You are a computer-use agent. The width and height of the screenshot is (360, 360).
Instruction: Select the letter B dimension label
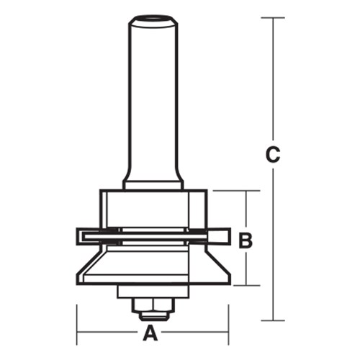point(246,240)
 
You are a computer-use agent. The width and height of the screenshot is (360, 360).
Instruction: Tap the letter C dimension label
point(272,154)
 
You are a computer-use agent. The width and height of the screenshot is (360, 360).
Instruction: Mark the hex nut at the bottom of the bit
point(152,308)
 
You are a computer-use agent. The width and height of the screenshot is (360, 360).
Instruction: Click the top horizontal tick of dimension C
point(272,17)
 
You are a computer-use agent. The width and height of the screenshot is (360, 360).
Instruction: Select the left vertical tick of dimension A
point(77,324)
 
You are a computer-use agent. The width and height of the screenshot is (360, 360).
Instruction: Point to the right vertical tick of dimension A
point(228,324)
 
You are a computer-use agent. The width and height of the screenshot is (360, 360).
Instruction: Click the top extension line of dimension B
point(234,191)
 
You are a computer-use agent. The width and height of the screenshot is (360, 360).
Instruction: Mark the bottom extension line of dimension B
point(238,285)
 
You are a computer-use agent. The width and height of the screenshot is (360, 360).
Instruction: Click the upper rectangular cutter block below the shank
point(152,209)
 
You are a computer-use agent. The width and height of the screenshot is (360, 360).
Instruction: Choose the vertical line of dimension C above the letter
point(272,79)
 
